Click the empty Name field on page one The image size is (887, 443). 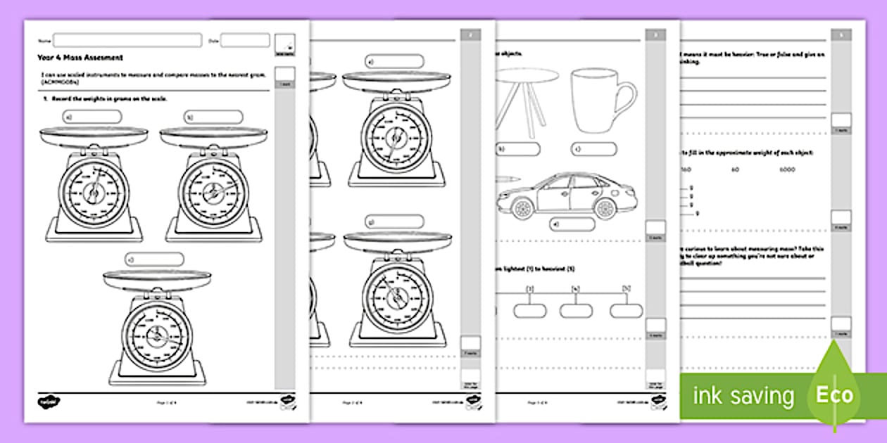tap(127, 40)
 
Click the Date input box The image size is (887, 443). tap(245, 41)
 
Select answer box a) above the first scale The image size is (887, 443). tap(92, 117)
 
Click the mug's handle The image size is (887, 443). tap(624, 98)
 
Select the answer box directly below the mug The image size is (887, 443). tap(593, 149)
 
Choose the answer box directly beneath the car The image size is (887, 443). tap(572, 224)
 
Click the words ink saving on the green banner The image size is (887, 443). tap(743, 396)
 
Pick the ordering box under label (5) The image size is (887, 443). tap(626, 310)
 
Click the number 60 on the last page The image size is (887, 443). tap(734, 169)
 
